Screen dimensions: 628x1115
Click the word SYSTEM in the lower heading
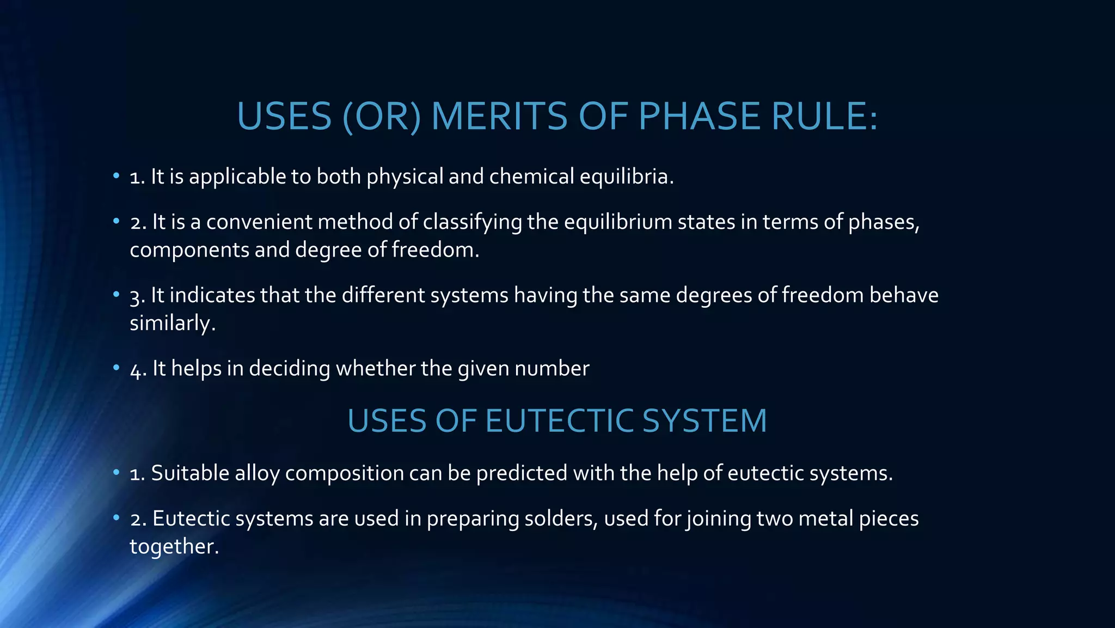click(704, 420)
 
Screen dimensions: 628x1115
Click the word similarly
click(172, 323)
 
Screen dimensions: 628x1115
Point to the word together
click(174, 546)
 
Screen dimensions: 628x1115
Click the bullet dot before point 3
click(116, 295)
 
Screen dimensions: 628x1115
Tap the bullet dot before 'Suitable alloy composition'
click(116, 472)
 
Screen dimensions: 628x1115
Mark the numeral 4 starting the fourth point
click(136, 370)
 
